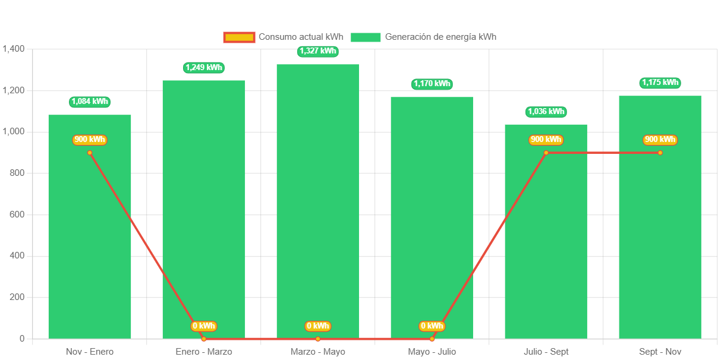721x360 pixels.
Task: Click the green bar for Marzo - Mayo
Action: [317, 202]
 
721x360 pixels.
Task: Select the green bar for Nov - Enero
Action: [90, 238]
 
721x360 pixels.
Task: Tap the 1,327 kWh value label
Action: [318, 51]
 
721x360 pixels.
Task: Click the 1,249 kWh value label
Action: [204, 67]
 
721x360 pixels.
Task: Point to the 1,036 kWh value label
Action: [546, 112]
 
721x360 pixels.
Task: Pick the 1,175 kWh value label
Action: [660, 83]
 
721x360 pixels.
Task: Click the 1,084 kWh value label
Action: [90, 102]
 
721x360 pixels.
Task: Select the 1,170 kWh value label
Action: [432, 84]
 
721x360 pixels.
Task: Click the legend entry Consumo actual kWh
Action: [284, 37]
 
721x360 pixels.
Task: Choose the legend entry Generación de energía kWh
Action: [424, 37]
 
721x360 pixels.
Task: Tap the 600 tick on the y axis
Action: [17, 214]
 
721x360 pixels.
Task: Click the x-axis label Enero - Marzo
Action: [204, 352]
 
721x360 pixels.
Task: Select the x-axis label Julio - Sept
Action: [546, 352]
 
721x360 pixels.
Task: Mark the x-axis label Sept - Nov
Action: [660, 352]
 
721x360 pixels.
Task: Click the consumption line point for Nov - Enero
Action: [90, 153]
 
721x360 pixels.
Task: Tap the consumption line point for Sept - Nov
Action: [660, 153]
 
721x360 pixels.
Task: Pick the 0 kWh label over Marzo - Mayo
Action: [318, 326]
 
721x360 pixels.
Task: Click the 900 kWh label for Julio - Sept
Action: [546, 140]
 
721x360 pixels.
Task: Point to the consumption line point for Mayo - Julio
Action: [432, 339]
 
